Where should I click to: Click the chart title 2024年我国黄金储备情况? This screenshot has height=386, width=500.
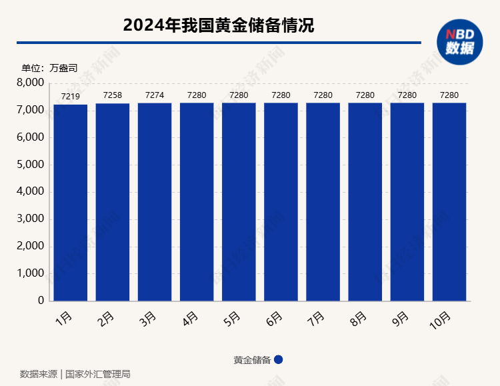click(219, 25)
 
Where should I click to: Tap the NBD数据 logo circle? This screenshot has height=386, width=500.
click(459, 42)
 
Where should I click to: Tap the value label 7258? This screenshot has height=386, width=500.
click(113, 95)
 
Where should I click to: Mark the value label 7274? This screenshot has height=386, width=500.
click(155, 95)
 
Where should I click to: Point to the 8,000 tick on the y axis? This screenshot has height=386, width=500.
click(30, 83)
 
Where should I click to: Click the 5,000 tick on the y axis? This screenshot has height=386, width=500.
click(30, 165)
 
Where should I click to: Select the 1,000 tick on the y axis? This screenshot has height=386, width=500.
click(30, 273)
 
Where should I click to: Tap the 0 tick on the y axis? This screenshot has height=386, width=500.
click(41, 301)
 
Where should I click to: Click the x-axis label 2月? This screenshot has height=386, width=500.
click(105, 319)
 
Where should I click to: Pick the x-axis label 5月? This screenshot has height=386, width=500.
click(231, 319)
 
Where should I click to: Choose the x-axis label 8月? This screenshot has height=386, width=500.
click(357, 319)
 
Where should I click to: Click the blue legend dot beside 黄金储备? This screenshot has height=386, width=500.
click(279, 359)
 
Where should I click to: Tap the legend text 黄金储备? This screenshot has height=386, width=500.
click(252, 360)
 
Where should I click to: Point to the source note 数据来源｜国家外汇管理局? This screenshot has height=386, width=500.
click(75, 374)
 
